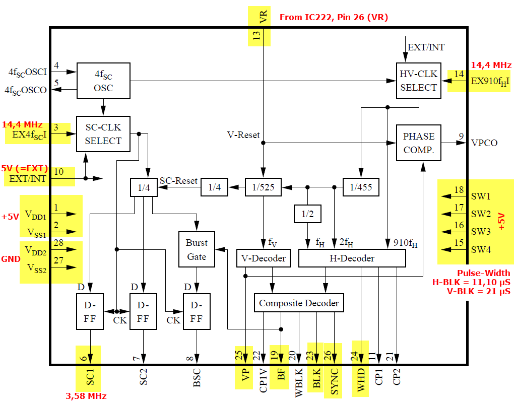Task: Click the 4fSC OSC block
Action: [103, 81]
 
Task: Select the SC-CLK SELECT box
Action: [103, 134]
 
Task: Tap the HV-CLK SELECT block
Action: [418, 81]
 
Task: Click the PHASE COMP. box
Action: [418, 143]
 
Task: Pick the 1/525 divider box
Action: [263, 187]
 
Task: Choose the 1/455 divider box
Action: [360, 187]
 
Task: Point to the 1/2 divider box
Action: [307, 214]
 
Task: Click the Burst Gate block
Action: [197, 249]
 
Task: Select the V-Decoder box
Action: [264, 258]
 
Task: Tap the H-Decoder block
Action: [352, 258]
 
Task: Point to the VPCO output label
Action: [484, 143]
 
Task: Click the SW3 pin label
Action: [481, 232]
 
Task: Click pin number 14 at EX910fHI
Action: [459, 74]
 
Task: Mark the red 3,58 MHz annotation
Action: [86, 396]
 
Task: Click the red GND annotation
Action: [11, 259]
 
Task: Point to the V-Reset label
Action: [243, 135]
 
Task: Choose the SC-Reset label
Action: [178, 180]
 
